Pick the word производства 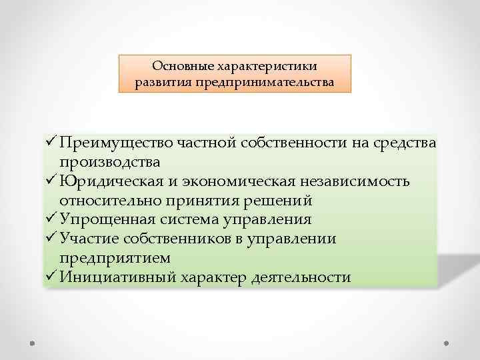109,162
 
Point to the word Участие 86,239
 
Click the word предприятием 114,258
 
